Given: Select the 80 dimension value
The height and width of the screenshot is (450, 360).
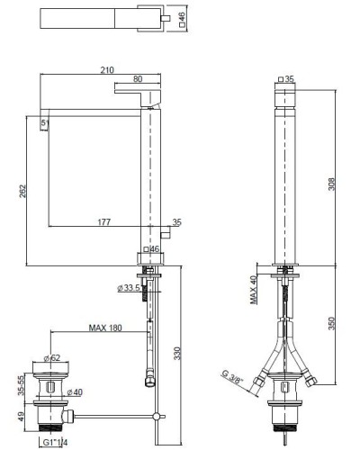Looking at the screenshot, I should (138, 79).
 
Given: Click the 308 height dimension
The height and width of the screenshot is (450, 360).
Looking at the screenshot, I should (332, 184).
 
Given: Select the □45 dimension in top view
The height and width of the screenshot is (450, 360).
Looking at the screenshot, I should (182, 19).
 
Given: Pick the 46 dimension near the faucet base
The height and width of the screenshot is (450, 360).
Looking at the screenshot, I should (152, 248).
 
